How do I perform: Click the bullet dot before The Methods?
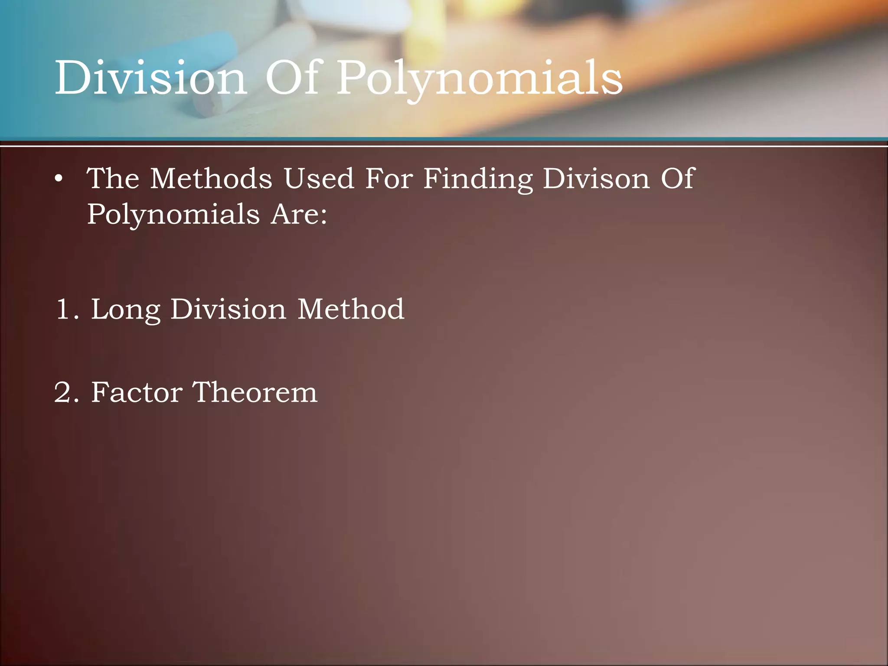pos(59,179)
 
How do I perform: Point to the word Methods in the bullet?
pos(211,179)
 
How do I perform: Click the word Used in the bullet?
pos(319,179)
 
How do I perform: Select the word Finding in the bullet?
pos(478,180)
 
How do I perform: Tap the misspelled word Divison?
pos(596,179)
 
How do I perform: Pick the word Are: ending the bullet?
pos(299,214)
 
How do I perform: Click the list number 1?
pos(66,310)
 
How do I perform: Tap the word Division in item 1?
pos(228,310)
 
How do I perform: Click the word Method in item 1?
pos(351,310)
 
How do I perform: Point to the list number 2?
pos(66,393)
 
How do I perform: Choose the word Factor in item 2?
pos(137,393)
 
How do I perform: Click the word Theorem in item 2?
pos(255,393)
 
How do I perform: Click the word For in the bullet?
pos(389,179)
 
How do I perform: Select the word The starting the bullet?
pos(113,179)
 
